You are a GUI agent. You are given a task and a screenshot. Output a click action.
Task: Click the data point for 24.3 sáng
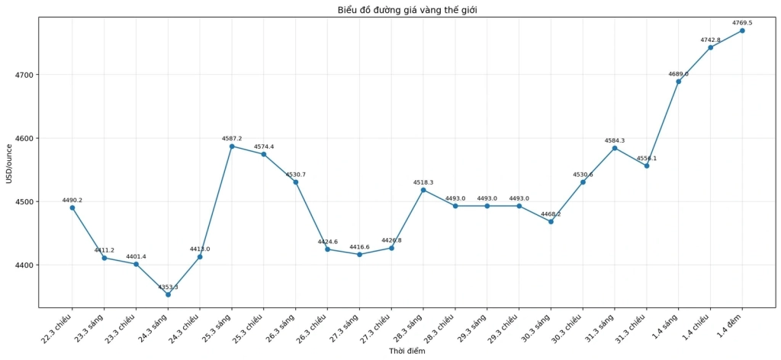point(168,294)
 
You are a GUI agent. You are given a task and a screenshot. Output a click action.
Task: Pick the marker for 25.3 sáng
point(232,146)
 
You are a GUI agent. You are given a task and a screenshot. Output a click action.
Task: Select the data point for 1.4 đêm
point(742,31)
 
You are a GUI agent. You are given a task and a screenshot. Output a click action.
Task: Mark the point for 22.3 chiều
point(72,207)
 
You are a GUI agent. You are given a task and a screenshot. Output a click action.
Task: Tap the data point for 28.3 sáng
point(423,190)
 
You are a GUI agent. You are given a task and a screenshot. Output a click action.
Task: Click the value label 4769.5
point(742,23)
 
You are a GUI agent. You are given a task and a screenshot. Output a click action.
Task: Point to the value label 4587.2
point(232,138)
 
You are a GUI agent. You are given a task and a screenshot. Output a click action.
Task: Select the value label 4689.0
point(678,74)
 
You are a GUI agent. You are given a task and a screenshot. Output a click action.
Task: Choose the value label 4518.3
point(423,182)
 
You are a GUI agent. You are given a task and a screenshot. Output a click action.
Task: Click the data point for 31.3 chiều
point(647,166)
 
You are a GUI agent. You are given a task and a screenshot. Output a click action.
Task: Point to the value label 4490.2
point(72,200)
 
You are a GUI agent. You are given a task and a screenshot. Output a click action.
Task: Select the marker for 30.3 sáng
point(551,222)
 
